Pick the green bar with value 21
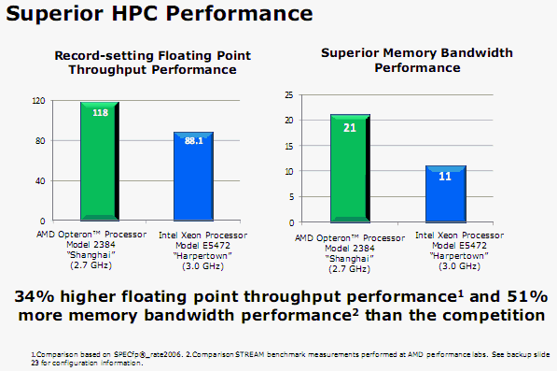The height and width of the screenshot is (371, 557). [350, 168]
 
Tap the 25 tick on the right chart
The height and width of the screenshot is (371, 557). [289, 94]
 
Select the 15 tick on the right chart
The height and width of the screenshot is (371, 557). [289, 145]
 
